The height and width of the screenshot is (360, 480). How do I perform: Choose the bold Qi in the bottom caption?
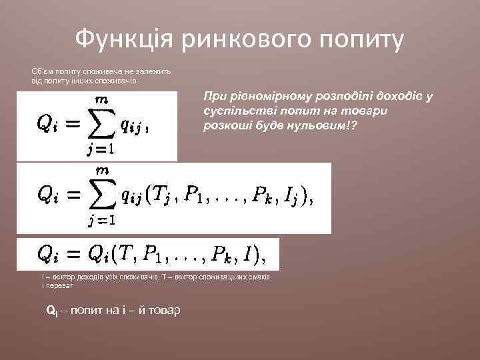[x=51, y=311]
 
